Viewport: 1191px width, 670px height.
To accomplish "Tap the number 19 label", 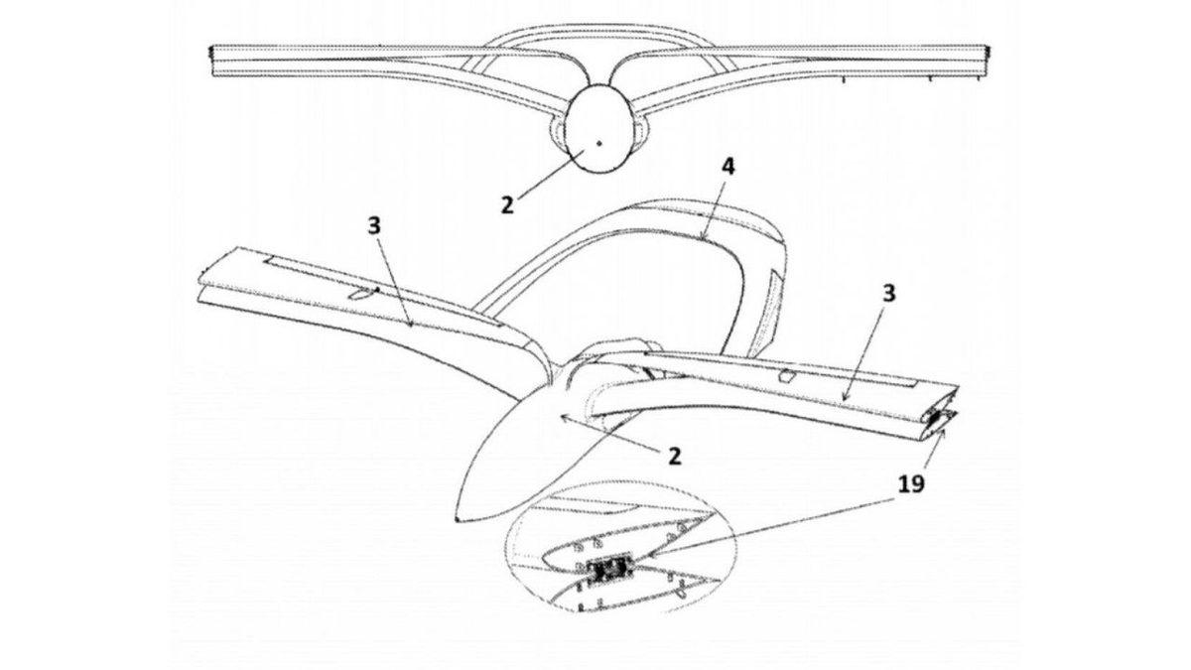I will coord(913,483).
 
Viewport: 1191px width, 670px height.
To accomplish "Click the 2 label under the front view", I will coord(507,205).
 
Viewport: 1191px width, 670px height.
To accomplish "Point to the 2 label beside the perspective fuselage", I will coord(674,456).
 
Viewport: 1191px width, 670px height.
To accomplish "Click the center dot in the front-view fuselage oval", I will coord(599,143).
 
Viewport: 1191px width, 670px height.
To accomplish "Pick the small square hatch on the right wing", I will coord(787,377).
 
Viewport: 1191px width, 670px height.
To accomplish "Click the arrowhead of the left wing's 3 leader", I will coord(410,323).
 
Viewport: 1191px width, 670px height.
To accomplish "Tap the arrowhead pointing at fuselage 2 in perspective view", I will coord(562,418).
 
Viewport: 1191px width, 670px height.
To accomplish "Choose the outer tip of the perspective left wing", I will coord(201,278).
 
